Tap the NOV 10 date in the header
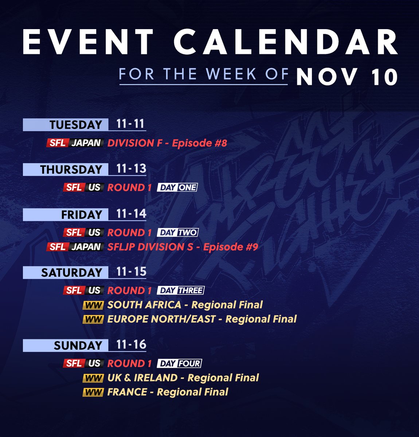[x=346, y=77]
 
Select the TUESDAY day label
[x=76, y=125]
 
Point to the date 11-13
[x=131, y=169]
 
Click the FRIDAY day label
[x=82, y=214]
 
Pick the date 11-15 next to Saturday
[x=131, y=272]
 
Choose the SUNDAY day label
[x=78, y=346]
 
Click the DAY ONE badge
[x=177, y=188]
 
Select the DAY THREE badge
[x=181, y=291]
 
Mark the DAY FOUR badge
[x=180, y=363]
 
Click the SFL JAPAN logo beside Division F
[x=75, y=143]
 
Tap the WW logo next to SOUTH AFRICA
[x=93, y=305]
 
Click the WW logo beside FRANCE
[x=93, y=392]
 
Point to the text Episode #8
[x=199, y=143]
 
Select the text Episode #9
[x=231, y=247]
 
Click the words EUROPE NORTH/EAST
[x=161, y=319]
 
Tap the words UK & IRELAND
[x=142, y=378]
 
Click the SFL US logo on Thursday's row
[x=84, y=188]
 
